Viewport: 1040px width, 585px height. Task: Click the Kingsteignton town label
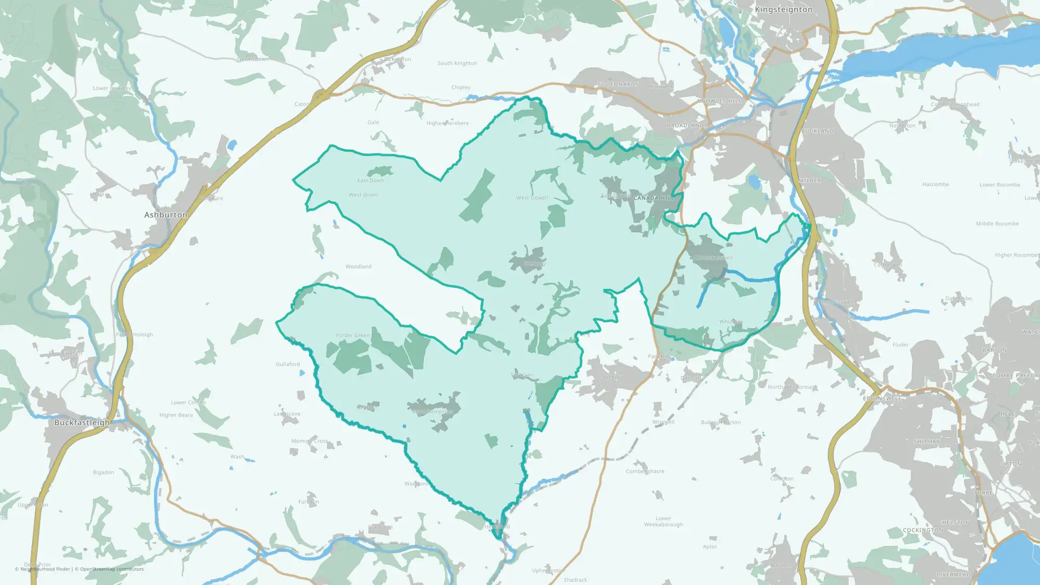(x=783, y=9)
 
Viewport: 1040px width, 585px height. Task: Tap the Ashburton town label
(x=165, y=215)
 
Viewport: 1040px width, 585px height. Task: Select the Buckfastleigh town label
(x=82, y=423)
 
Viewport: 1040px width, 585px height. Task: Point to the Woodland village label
(x=358, y=267)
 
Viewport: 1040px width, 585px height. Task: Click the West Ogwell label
(x=532, y=198)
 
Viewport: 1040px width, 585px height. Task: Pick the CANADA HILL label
(x=653, y=198)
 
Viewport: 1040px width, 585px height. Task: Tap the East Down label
(x=370, y=180)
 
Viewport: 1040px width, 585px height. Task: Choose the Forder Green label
(x=353, y=335)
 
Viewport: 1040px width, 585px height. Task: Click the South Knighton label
(x=457, y=63)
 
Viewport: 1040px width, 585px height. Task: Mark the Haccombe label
(x=935, y=185)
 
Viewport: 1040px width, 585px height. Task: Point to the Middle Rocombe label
(x=997, y=224)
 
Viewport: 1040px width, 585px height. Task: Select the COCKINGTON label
(x=922, y=530)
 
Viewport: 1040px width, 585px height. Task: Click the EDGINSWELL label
(x=882, y=398)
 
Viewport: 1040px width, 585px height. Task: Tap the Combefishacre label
(x=645, y=472)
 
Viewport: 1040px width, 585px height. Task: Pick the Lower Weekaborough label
(x=663, y=522)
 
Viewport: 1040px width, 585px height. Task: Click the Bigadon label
(x=103, y=473)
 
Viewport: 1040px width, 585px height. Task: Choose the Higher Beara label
(x=176, y=415)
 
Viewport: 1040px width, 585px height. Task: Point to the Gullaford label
(x=288, y=365)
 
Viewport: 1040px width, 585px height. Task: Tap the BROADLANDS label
(x=687, y=126)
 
